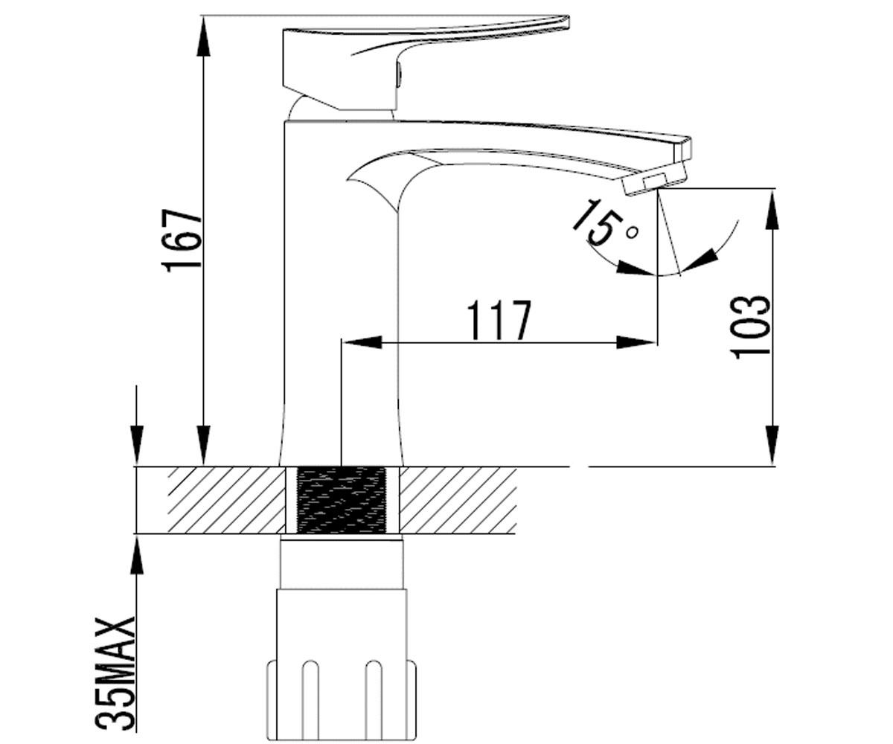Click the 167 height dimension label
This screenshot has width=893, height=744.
point(182,240)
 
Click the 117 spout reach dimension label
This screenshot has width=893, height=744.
point(499,320)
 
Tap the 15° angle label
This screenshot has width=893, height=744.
point(604,224)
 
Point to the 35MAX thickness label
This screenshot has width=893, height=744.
point(115,674)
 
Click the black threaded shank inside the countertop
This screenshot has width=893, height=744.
point(341,500)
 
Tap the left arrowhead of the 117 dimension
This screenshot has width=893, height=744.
point(362,342)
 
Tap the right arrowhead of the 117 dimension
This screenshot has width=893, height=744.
point(635,342)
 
